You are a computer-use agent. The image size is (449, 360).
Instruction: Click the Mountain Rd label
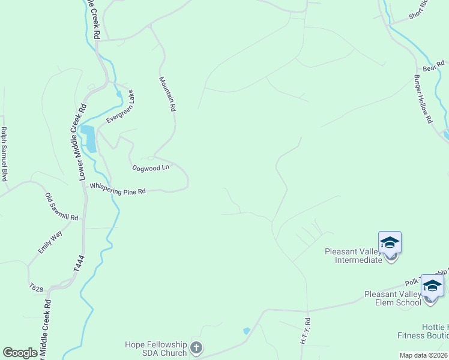tap(167, 94)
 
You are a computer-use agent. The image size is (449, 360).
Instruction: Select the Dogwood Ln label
tap(151, 168)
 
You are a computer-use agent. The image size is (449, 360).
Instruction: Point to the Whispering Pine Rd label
tap(118, 189)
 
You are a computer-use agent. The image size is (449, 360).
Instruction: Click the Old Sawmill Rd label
tap(62, 206)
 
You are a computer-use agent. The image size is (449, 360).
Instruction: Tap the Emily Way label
tap(50, 242)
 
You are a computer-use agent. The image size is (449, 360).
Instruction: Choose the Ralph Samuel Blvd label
tap(4, 154)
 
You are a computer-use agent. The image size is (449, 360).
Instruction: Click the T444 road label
tap(80, 265)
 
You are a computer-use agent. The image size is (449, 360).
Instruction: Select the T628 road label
tap(36, 288)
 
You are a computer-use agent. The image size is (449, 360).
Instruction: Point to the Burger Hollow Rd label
tap(423, 100)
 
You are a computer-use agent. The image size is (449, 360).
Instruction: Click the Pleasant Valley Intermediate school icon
tap(390, 244)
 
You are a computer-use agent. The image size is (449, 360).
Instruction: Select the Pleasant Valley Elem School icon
tap(432, 286)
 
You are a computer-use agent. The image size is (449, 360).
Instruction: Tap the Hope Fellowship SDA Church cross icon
tap(196, 347)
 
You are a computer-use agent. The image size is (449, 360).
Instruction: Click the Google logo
tap(20, 353)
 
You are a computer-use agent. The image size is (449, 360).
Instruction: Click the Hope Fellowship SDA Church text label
tap(155, 349)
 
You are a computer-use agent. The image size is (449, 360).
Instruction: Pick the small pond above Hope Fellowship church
tap(246, 331)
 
